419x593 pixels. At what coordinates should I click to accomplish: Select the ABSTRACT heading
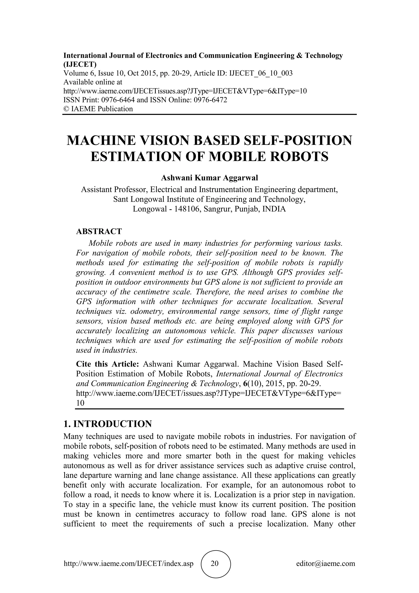[99, 231]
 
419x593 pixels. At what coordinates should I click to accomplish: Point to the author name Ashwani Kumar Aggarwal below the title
[209, 178]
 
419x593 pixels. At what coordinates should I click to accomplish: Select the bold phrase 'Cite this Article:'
[108, 364]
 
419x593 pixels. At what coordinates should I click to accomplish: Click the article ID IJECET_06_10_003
[261, 73]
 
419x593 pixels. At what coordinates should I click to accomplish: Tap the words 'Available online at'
[93, 82]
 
